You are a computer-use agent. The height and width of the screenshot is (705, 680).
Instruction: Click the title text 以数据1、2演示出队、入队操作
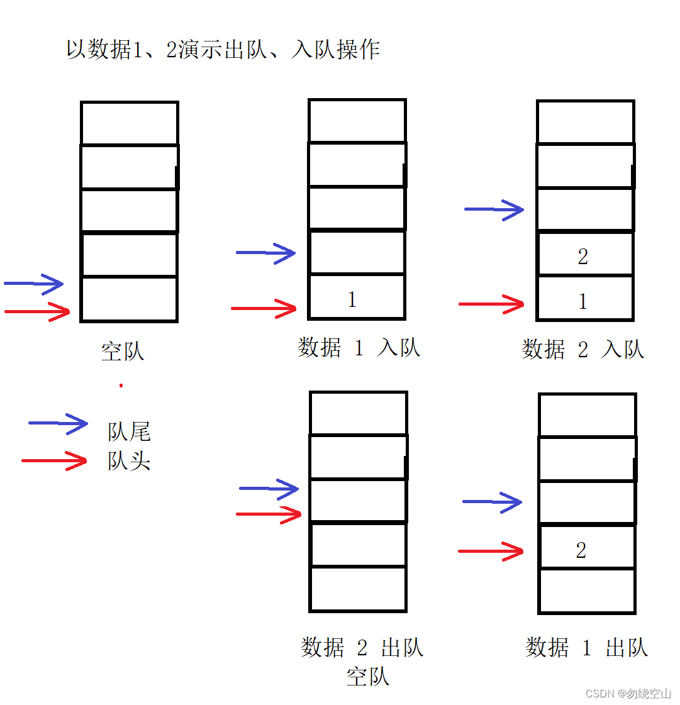coord(223,49)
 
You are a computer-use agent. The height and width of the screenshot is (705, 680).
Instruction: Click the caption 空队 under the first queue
coord(123,351)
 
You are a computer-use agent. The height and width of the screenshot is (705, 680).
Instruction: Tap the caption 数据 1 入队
coord(359,347)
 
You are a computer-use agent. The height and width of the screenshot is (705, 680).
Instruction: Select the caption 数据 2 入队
coord(582,349)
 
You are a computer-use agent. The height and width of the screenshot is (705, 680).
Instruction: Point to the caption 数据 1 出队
coord(586,647)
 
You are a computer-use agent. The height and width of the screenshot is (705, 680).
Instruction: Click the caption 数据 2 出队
coord(362,647)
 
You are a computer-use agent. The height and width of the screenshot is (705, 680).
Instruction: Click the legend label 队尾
coord(129,431)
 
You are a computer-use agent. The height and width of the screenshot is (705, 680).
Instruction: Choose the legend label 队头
coord(129,461)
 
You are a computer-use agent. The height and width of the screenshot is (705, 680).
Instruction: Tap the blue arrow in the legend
coord(58,424)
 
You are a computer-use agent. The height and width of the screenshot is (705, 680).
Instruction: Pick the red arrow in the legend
coord(54,461)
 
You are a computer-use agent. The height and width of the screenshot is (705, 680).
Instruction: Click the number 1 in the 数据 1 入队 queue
coord(352,299)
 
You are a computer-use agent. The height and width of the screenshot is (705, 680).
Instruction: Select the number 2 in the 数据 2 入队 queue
coord(582,257)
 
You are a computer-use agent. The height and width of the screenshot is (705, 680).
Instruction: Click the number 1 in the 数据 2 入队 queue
coord(582,302)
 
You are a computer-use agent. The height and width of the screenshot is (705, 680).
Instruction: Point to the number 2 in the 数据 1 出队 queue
coord(581,551)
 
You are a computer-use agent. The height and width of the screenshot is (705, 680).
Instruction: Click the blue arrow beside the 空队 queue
coord(34,284)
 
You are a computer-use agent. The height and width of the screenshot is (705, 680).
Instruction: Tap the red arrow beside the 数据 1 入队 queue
coord(264,308)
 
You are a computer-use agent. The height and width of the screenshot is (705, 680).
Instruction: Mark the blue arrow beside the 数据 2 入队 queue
coord(494,209)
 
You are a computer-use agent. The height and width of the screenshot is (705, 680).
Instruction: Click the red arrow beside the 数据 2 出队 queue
coord(269,514)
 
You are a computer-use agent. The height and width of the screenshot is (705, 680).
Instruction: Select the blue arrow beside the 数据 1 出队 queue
coord(492,502)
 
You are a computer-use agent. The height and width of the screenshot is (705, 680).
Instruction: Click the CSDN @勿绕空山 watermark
coord(628,693)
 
